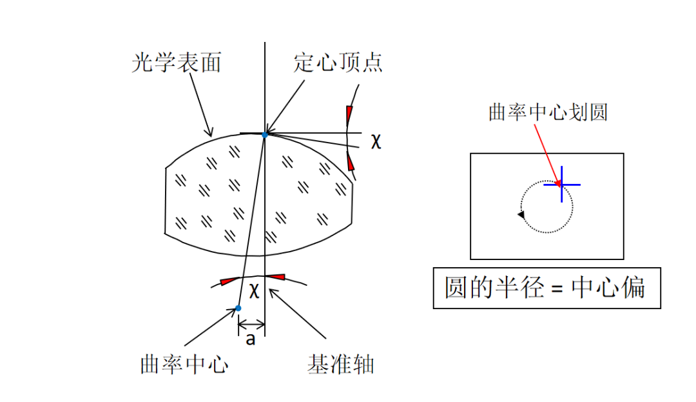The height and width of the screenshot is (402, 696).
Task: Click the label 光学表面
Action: [x=176, y=63]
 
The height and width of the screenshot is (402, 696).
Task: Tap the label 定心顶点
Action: [x=338, y=63]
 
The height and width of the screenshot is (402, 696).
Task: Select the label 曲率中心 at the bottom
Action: [x=185, y=365]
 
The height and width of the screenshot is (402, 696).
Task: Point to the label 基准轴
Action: [x=341, y=365]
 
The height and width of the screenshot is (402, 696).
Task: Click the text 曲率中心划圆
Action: [x=548, y=112]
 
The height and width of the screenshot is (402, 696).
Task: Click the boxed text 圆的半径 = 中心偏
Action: [x=546, y=288]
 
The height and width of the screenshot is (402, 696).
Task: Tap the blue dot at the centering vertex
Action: [x=265, y=134]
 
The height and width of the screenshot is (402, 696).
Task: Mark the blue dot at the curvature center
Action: [x=238, y=308]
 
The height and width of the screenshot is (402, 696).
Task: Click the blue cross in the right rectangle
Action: [x=561, y=185]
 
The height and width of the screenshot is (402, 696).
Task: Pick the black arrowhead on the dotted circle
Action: [x=521, y=215]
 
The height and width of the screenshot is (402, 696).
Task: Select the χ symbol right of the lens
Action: [x=376, y=141]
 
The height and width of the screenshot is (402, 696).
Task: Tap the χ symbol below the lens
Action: [x=255, y=291]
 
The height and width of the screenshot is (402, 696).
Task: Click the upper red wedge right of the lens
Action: [x=349, y=116]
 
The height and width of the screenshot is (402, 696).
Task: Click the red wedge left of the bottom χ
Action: [x=229, y=281]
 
